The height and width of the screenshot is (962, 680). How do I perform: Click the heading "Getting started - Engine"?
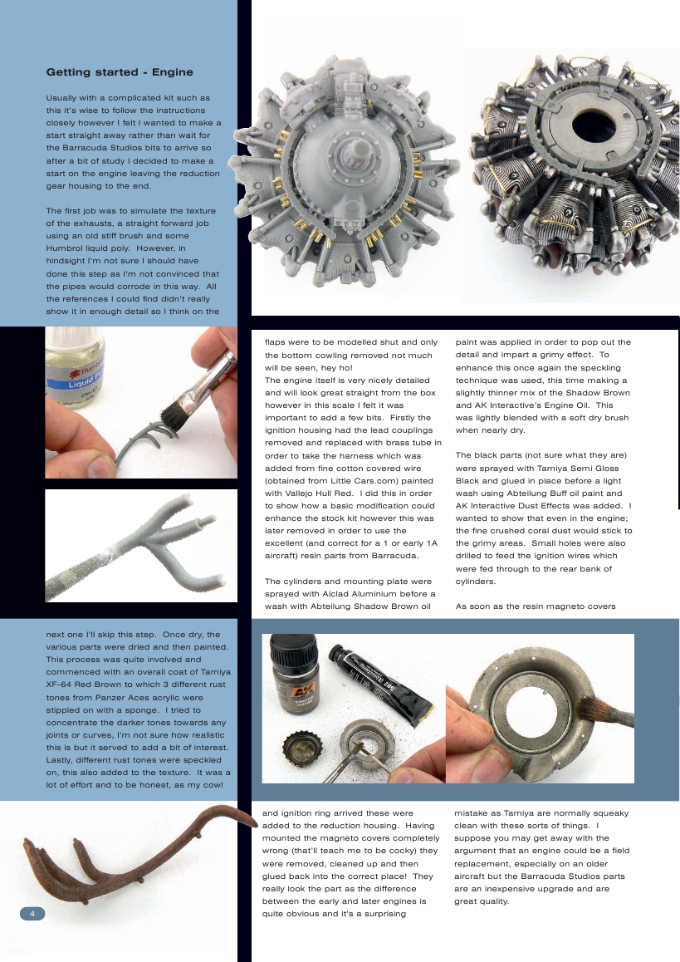point(120,72)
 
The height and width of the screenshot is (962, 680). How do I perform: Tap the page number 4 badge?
point(32,914)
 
